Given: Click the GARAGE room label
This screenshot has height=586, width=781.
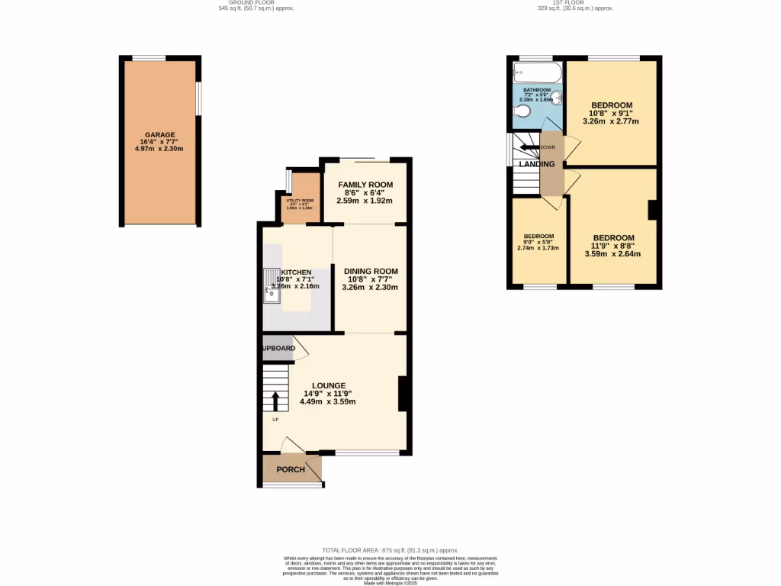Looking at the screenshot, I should pyautogui.click(x=160, y=135).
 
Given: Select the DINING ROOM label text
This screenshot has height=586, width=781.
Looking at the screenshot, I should pyautogui.click(x=371, y=271).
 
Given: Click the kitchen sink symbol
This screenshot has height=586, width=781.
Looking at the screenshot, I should pyautogui.click(x=272, y=285).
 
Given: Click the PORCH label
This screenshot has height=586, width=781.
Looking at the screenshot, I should pyautogui.click(x=290, y=469).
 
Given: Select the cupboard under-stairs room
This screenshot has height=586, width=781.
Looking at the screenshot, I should pyautogui.click(x=277, y=348).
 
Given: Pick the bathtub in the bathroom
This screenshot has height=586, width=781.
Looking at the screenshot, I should pyautogui.click(x=537, y=74).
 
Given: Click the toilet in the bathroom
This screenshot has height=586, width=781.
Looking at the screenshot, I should pyautogui.click(x=522, y=113).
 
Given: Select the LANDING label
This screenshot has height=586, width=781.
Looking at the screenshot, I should pyautogui.click(x=537, y=164).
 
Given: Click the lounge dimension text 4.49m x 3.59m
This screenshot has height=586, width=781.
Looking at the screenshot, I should pyautogui.click(x=328, y=401).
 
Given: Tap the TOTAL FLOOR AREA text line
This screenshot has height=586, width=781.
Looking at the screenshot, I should pyautogui.click(x=390, y=549).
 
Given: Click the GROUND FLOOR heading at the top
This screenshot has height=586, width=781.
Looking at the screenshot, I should pyautogui.click(x=256, y=3).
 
